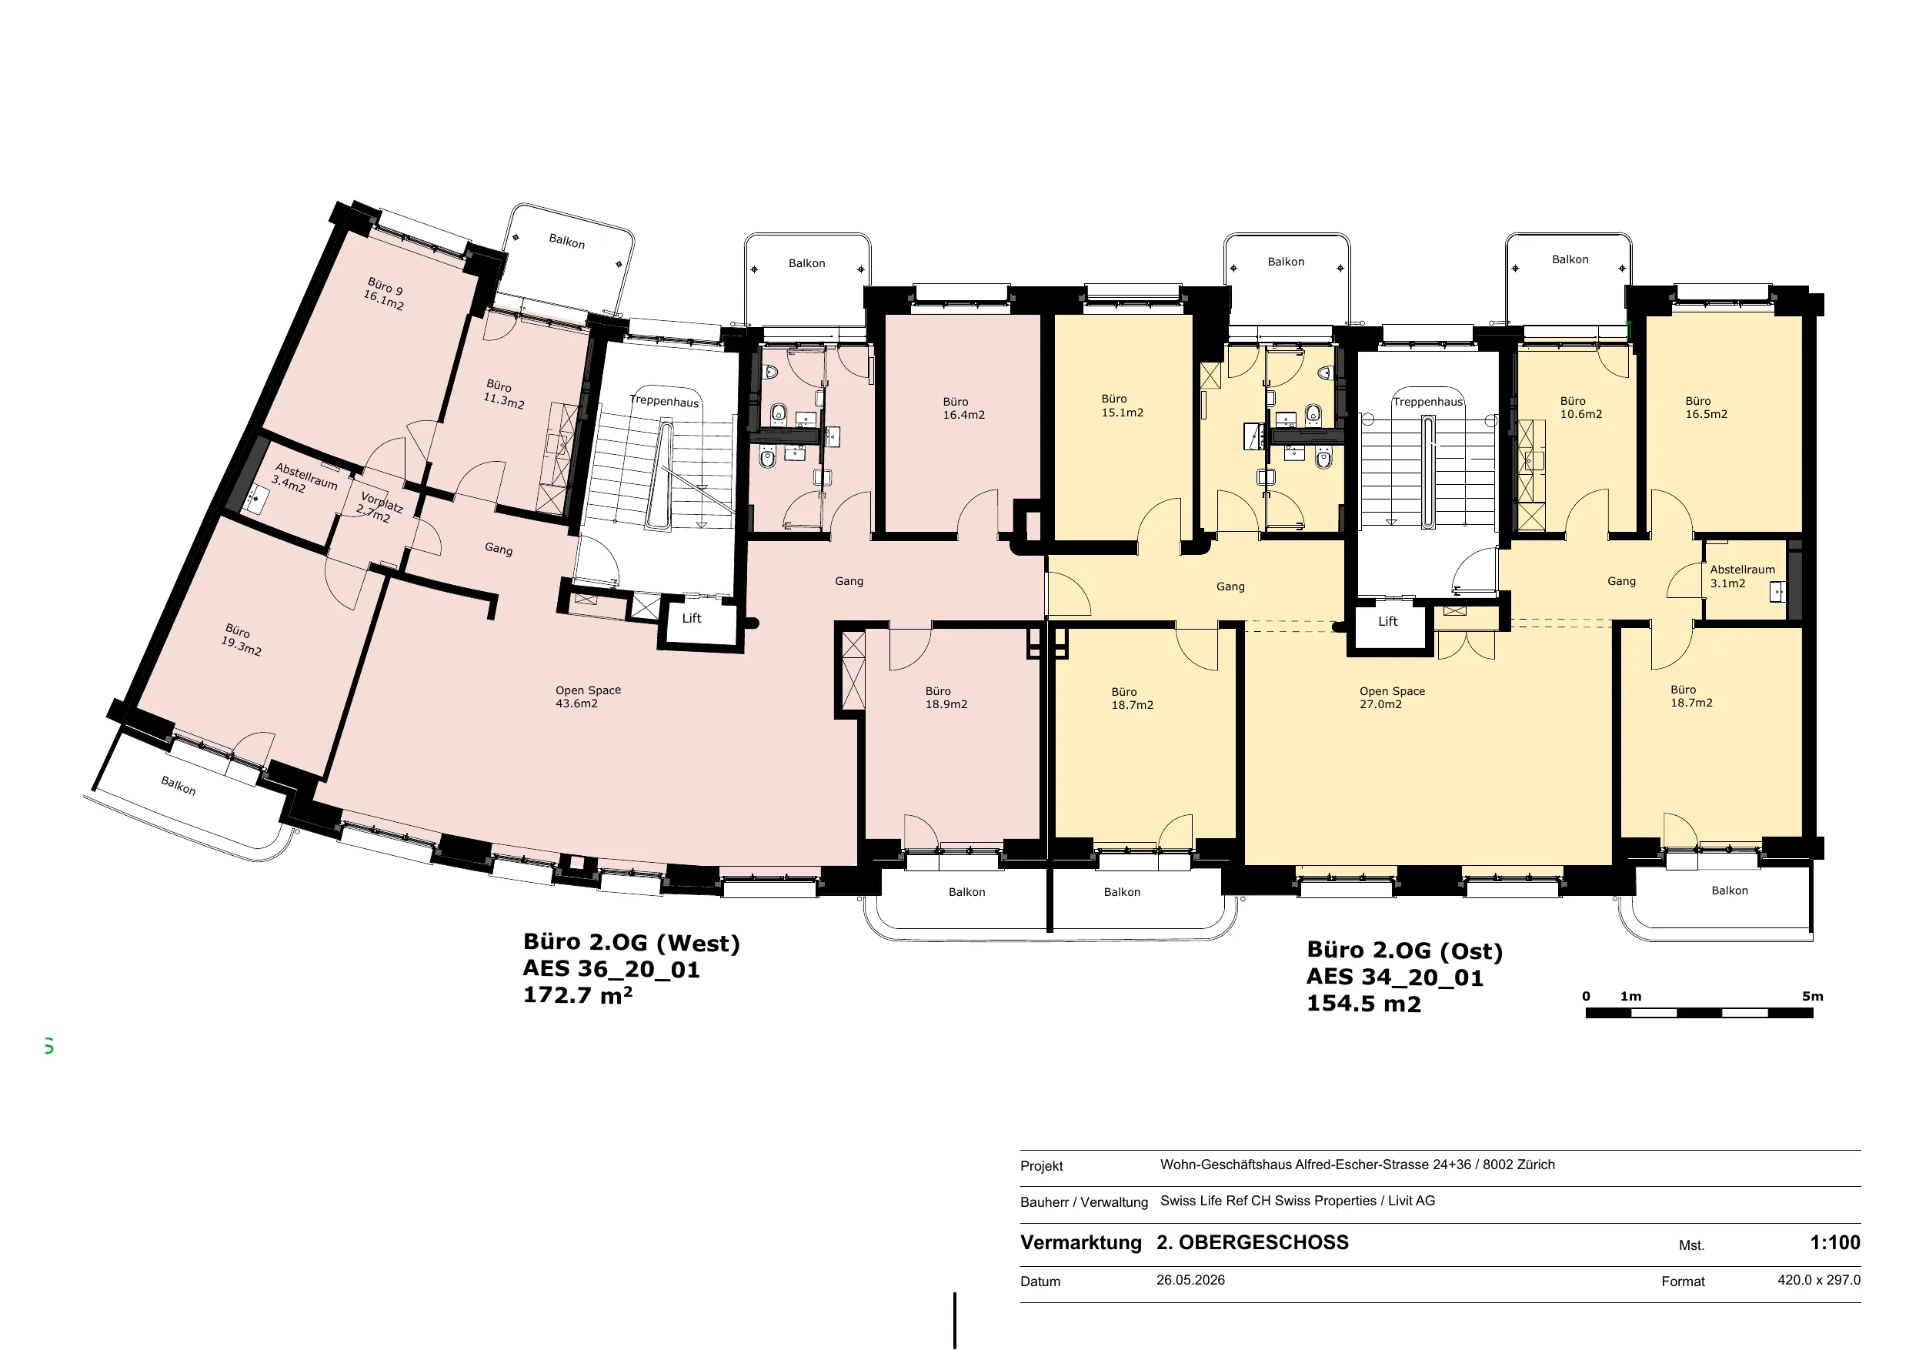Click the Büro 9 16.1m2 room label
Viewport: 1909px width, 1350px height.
[384, 293]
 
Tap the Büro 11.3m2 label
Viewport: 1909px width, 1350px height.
[504, 394]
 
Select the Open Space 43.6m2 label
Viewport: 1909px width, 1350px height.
[588, 697]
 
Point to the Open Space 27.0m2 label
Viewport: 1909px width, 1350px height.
[1392, 698]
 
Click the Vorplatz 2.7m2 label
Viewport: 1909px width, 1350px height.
[379, 507]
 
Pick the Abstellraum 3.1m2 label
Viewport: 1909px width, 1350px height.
[1742, 576]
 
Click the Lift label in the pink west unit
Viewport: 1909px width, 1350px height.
[692, 618]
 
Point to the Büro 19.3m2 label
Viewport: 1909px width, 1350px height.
[241, 640]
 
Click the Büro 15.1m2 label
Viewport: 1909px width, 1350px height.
[1122, 406]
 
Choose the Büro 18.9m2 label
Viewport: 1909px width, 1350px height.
[946, 698]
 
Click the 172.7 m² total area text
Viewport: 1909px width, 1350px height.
[578, 995]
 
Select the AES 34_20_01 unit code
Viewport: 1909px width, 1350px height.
[1394, 977]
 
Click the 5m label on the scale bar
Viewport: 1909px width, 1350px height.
[1813, 997]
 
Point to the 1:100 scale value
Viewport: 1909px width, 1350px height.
[1835, 1243]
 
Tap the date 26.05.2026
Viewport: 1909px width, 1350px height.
[1190, 1280]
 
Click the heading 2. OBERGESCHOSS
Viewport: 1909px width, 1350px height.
[1252, 1243]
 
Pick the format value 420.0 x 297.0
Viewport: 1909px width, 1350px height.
[1819, 1280]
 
